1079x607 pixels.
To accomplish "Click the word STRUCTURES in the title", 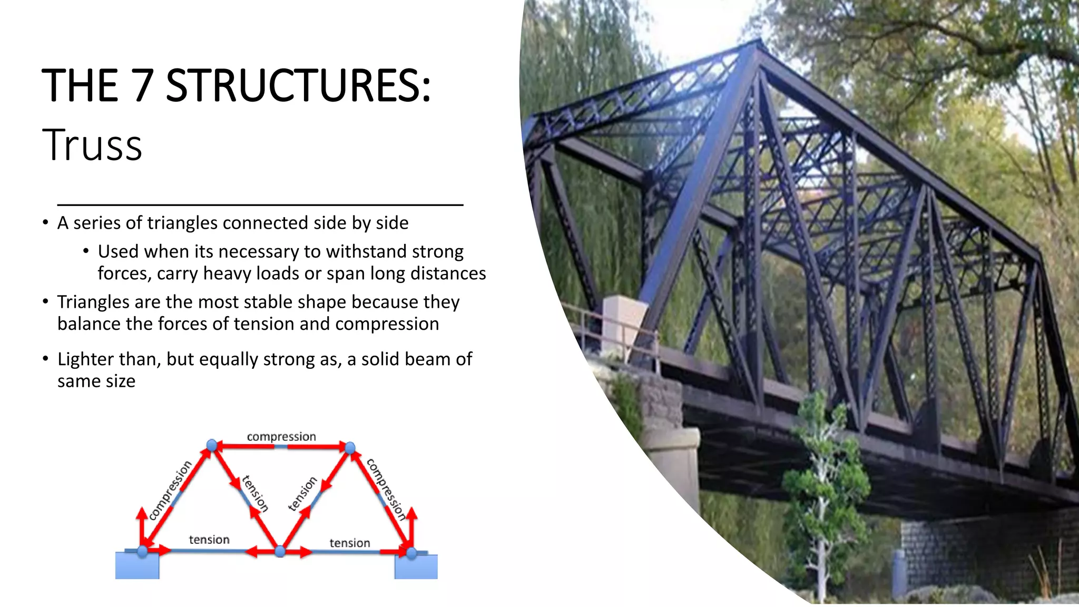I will pyautogui.click(x=298, y=85).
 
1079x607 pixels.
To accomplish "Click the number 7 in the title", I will pyautogui.click(x=143, y=85).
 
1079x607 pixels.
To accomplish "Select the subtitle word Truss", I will pyautogui.click(x=92, y=145).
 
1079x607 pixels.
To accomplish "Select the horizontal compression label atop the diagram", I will pyautogui.click(x=281, y=436).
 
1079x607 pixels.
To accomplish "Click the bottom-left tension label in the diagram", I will pyautogui.click(x=209, y=540).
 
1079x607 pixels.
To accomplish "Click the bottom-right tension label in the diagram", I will pyautogui.click(x=349, y=543).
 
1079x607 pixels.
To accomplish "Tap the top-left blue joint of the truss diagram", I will pyautogui.click(x=212, y=446).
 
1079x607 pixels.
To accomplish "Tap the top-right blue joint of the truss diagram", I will pyautogui.click(x=350, y=448).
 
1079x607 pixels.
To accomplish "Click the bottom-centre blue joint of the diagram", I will pyautogui.click(x=280, y=551).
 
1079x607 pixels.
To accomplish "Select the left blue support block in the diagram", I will pyautogui.click(x=137, y=566).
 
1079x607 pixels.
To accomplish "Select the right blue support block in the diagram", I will pyautogui.click(x=416, y=567).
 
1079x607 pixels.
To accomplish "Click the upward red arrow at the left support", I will pyautogui.click(x=141, y=524).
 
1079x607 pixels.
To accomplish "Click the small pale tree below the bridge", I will pyautogui.click(x=822, y=490).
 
